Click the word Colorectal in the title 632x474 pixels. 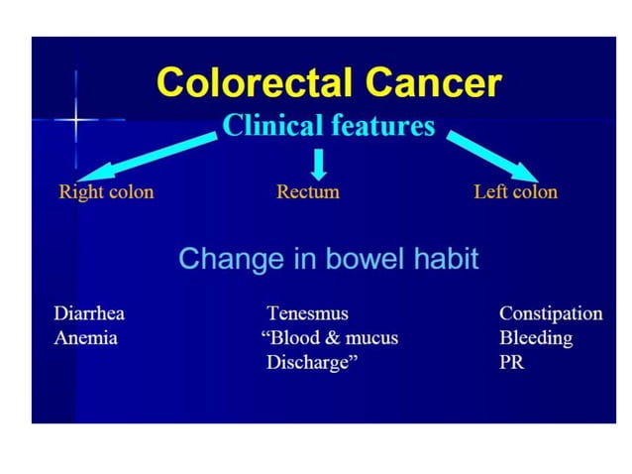[254, 83]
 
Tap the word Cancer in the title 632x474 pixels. [429, 83]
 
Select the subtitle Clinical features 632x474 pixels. [329, 126]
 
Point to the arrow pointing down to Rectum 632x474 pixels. [318, 161]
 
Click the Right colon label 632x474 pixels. [106, 191]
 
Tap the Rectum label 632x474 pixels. [307, 191]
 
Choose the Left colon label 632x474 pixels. [515, 191]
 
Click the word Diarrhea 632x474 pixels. [89, 313]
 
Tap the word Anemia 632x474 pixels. [85, 338]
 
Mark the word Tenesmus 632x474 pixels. [307, 313]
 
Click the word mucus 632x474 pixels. [371, 338]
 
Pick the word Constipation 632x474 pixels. [551, 313]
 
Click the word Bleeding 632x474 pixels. [536, 338]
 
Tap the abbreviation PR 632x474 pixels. [512, 363]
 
